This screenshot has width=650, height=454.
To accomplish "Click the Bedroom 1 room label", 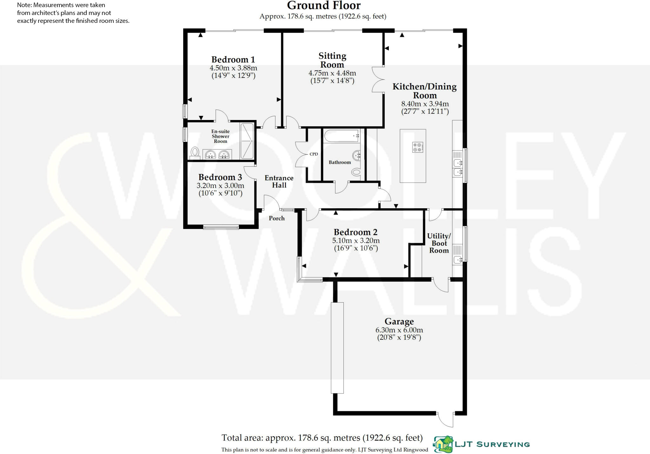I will (x=233, y=60).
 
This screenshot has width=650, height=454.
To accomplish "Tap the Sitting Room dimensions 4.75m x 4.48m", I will (x=332, y=73).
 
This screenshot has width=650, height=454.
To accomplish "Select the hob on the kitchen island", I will (x=417, y=147).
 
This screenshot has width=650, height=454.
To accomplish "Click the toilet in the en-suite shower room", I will (x=195, y=152).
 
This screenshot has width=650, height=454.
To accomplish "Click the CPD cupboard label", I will (x=314, y=154).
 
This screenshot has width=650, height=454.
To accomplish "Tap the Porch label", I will (x=276, y=218).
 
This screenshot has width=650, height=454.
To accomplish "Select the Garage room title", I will (x=399, y=322).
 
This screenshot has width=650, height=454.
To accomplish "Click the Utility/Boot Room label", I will (x=439, y=243).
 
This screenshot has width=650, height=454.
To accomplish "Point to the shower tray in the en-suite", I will (x=247, y=141).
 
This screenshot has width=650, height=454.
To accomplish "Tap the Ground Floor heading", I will (x=323, y=6).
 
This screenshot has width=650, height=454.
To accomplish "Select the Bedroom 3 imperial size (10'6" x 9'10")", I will (x=220, y=193).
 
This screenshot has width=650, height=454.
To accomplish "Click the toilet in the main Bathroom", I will (x=356, y=172).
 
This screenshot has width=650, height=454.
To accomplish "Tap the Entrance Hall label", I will (x=279, y=182).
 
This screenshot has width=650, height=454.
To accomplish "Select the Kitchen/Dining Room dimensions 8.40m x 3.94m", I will (x=425, y=104).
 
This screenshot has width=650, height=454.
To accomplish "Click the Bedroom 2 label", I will (x=355, y=232).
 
